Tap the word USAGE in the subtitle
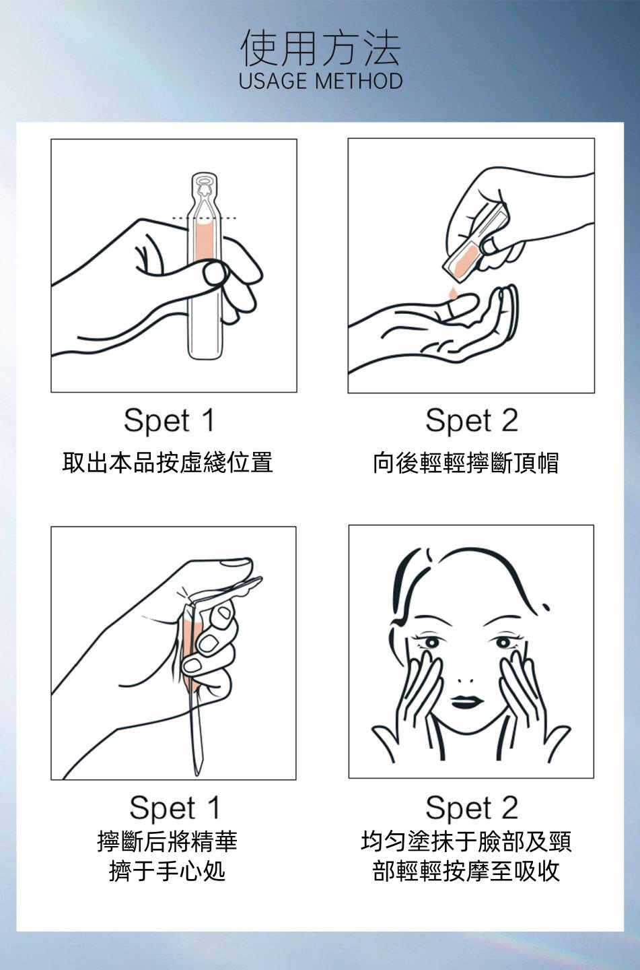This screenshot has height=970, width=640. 272,81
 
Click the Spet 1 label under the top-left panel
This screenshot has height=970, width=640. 169,420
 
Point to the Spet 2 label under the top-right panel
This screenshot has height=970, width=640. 472,420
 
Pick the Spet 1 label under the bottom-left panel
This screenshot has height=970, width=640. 174,808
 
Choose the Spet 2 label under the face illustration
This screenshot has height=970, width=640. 472,808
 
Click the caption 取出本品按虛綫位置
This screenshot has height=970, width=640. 168,462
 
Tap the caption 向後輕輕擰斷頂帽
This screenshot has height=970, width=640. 466,463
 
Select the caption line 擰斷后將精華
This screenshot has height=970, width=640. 167,841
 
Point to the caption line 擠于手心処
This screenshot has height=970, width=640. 167,871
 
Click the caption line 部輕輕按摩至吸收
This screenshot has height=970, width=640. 466,871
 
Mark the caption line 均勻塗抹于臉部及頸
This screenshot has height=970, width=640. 466,841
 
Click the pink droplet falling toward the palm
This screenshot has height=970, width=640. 452,292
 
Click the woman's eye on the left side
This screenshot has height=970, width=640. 431,642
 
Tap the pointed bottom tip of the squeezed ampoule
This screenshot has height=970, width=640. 198,773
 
